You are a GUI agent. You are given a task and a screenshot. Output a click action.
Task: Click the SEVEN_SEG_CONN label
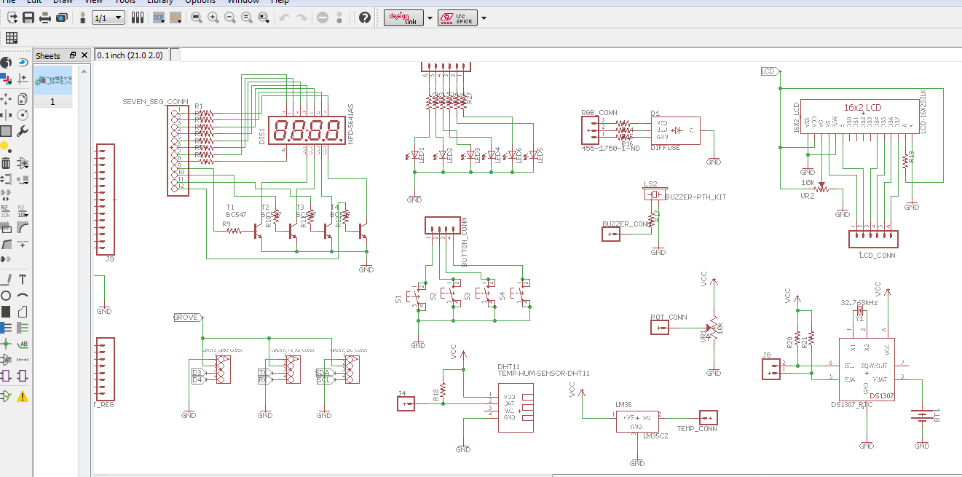click(x=155, y=101)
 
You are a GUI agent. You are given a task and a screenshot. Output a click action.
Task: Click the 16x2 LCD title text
click(x=862, y=108)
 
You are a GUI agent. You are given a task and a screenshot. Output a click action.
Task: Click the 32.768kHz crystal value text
click(x=859, y=302)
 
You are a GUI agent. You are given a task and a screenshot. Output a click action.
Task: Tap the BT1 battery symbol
click(x=922, y=417)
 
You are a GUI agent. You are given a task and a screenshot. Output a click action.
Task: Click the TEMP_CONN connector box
click(x=707, y=418)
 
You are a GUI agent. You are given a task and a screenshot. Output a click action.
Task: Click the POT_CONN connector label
click(x=668, y=318)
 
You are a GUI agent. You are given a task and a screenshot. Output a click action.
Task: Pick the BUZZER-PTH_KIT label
click(x=695, y=197)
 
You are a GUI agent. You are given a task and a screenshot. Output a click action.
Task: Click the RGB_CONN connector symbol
click(x=591, y=130)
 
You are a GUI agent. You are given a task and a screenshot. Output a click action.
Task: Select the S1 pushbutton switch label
click(x=398, y=299)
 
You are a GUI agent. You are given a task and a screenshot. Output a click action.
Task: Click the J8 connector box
click(x=770, y=371)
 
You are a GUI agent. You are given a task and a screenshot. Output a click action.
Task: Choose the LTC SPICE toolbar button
click(x=457, y=18)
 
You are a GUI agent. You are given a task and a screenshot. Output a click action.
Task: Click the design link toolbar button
click(x=404, y=18)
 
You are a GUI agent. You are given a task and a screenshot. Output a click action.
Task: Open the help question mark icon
click(x=365, y=17)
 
